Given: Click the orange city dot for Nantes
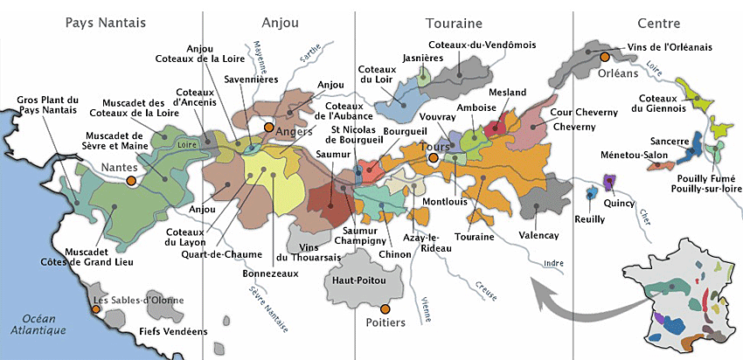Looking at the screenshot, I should point(130,180).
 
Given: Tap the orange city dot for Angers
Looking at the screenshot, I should point(268,128).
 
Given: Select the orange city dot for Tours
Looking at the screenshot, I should point(434,158).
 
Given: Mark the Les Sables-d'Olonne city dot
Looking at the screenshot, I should point(96,306).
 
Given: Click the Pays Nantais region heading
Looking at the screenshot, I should point(105,22).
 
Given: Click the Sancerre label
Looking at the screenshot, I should point(669,140).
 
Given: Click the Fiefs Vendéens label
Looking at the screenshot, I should point(173,332).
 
